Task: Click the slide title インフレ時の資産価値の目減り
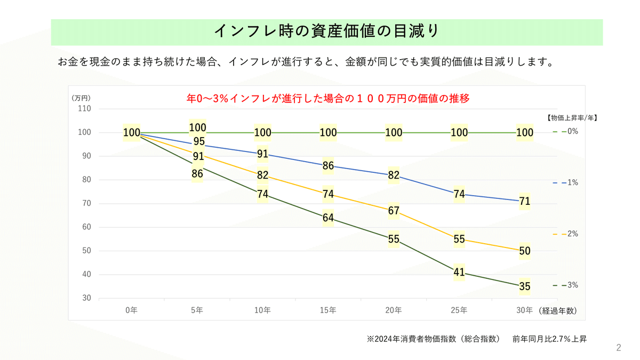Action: click(326, 31)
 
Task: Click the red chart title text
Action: click(327, 99)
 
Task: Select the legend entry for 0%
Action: click(566, 131)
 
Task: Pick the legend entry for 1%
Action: click(566, 182)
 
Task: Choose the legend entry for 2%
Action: click(566, 234)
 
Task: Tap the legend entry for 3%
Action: click(566, 285)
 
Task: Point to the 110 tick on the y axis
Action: click(84, 109)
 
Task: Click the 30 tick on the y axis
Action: click(86, 298)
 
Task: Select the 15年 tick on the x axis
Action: click(328, 310)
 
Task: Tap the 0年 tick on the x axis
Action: click(131, 310)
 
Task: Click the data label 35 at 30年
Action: click(525, 286)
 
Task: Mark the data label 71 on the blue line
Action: click(525, 201)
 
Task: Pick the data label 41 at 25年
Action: click(459, 273)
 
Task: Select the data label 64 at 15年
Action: click(328, 218)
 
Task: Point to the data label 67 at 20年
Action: click(394, 211)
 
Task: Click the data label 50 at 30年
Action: click(525, 251)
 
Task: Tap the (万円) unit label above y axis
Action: click(82, 98)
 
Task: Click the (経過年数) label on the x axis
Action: click(557, 310)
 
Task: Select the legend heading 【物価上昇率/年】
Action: click(572, 118)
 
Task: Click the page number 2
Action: click(619, 348)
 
